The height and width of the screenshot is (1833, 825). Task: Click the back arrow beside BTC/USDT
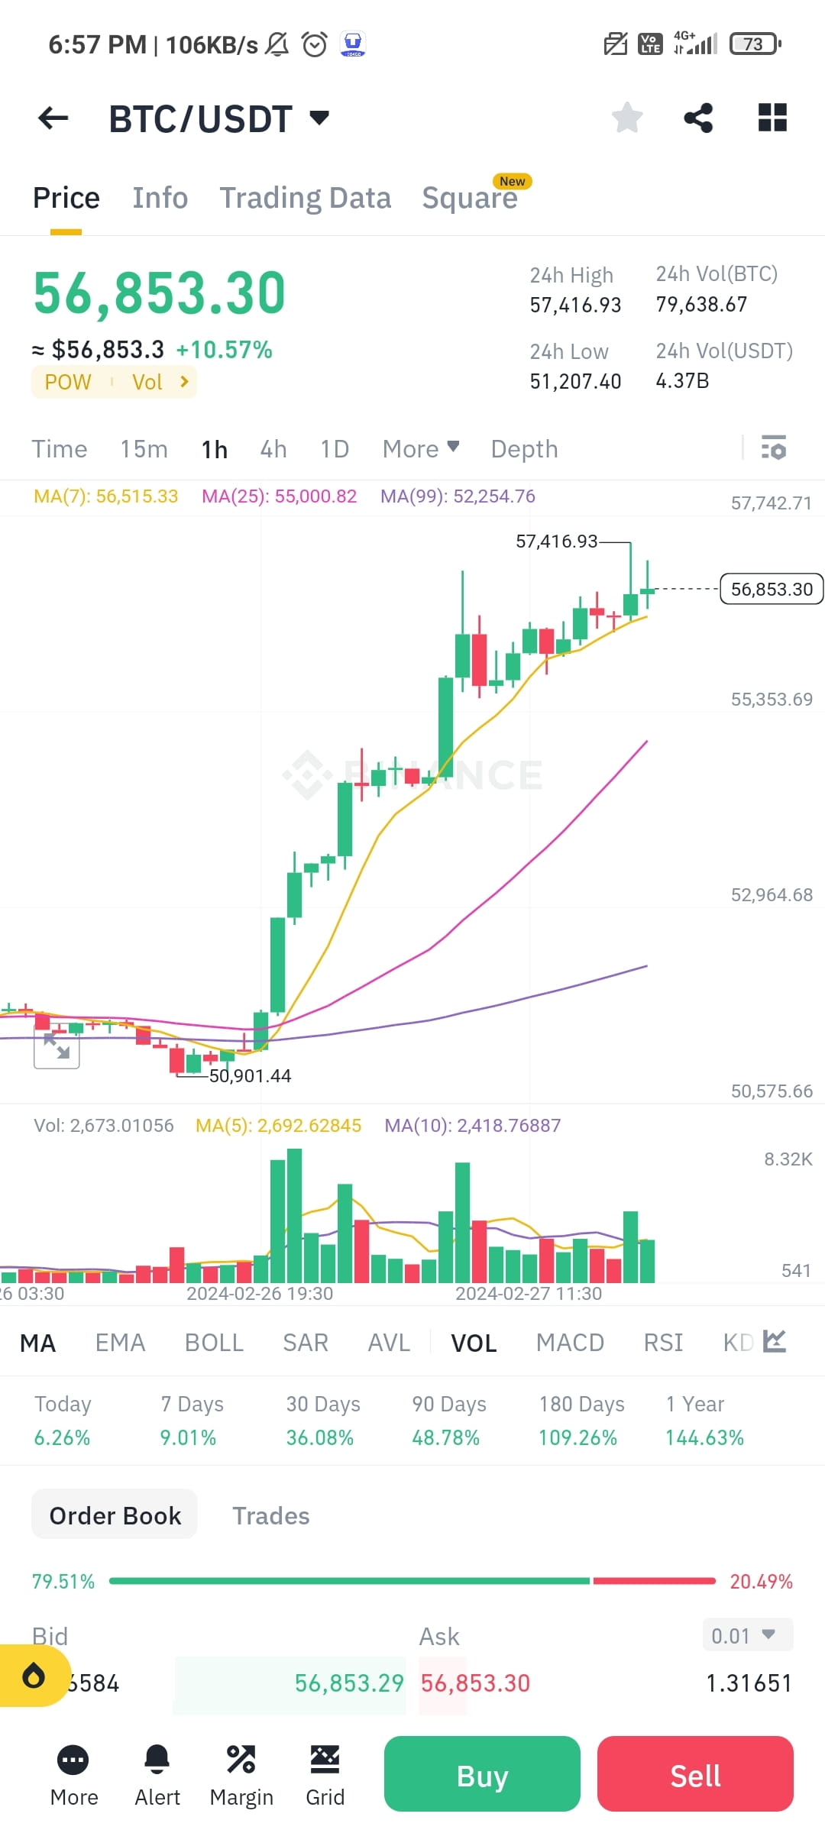pos(53,118)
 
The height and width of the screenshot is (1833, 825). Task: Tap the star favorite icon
pos(627,118)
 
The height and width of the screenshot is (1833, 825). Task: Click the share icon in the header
pos(698,118)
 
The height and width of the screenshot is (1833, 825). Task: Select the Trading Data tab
pos(305,198)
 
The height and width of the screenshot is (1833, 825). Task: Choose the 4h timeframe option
pos(273,449)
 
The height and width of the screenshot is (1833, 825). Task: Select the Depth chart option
pos(524,449)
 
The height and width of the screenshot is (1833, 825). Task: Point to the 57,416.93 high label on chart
pos(556,541)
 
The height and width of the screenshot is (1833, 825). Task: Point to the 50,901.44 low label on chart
pos(251,1075)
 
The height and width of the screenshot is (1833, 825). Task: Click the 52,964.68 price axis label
pos(772,894)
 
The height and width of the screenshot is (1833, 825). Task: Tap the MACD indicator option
pos(570,1342)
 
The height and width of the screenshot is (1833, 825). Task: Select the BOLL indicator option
pos(214,1342)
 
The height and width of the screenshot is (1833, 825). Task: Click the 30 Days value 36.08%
pos(319,1437)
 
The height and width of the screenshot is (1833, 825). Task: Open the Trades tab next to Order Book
pos(270,1515)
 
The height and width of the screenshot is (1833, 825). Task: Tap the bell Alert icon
pos(157,1760)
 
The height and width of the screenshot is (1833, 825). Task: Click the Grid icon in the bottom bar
pos(325,1760)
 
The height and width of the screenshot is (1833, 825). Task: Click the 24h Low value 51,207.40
pos(575,381)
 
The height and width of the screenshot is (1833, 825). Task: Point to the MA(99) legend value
pos(458,496)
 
